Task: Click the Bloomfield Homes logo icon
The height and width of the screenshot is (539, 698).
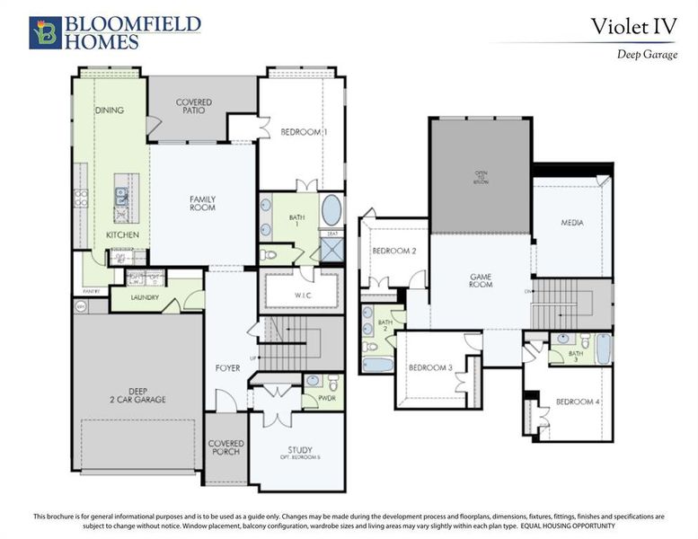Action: (x=45, y=32)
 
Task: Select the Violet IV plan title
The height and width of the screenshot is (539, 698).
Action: (x=632, y=26)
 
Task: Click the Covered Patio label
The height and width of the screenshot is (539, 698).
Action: (x=193, y=106)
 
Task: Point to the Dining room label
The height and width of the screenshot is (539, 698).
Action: (x=109, y=110)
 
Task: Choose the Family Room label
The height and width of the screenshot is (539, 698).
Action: (x=202, y=202)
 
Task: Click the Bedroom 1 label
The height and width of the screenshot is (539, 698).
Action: (x=304, y=132)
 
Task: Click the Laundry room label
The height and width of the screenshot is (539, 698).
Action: (x=145, y=296)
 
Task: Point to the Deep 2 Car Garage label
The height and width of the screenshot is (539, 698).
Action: (x=138, y=394)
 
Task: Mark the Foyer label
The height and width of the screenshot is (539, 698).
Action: (x=227, y=368)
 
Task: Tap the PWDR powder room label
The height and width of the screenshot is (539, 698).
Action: (x=312, y=395)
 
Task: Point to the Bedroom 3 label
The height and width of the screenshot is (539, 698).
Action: (x=429, y=367)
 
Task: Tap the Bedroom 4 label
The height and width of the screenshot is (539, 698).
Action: (x=577, y=402)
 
